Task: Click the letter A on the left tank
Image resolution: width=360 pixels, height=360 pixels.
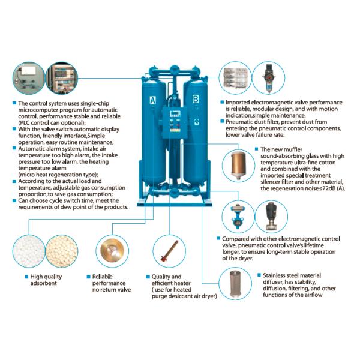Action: pyautogui.click(x=152, y=100)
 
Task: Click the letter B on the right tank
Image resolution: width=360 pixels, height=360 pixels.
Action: pyautogui.click(x=196, y=99)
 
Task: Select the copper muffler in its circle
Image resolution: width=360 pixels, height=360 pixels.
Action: pyautogui.click(x=239, y=165)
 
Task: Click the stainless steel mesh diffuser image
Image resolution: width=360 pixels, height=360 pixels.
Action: pyautogui.click(x=235, y=284)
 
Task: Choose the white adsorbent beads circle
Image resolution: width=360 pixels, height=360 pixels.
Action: pyautogui.click(x=29, y=251)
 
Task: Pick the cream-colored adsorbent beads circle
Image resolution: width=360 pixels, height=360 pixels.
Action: pyautogui.click(x=62, y=251)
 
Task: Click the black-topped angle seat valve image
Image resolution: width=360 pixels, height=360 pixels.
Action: pyautogui.click(x=271, y=216)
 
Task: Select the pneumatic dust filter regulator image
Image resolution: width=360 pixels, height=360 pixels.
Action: pyautogui.click(x=268, y=78)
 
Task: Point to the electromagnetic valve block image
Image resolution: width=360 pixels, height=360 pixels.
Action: pyautogui.click(x=236, y=78)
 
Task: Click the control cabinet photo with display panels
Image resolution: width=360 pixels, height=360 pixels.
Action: pyautogui.click(x=62, y=78)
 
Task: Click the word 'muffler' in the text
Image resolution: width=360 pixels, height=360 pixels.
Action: pyautogui.click(x=293, y=149)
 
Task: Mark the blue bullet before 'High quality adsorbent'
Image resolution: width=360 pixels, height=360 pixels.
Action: pyautogui.click(x=26, y=277)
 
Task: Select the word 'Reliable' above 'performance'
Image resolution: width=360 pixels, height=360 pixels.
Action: pyautogui.click(x=103, y=277)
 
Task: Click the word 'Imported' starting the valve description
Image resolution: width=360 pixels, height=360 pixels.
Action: pyautogui.click(x=238, y=103)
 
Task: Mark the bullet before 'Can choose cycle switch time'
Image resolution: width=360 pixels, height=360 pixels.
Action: pyautogui.click(x=14, y=200)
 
